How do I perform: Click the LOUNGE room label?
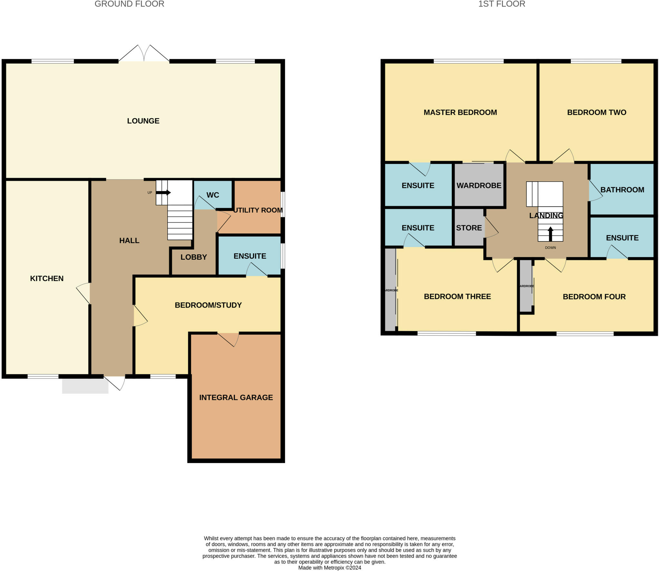coord(143,121)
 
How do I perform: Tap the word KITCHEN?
coord(47,278)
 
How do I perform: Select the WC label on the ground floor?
coord(213,195)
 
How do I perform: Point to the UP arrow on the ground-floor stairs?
coord(163,193)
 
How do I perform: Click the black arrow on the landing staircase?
coord(550,234)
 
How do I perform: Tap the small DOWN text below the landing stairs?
coord(550,248)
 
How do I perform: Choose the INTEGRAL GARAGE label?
coord(236,397)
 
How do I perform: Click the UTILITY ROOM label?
coord(258,210)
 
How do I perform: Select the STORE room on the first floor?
coord(469,228)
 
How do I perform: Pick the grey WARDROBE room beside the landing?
coord(479,186)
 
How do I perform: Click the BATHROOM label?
coord(622,190)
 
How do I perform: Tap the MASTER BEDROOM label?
coord(460,113)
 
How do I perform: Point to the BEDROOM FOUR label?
coord(594,297)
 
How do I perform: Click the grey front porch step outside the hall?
coord(85,386)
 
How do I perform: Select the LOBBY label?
coord(194,257)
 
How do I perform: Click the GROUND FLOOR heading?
coord(129,4)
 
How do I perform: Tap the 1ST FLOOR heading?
coord(502,4)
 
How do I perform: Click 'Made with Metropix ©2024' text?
coord(329,568)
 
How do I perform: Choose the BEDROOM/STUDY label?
coord(208,305)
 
